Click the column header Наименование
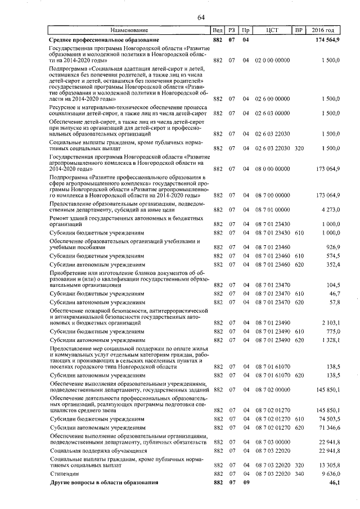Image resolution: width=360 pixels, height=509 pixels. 129,30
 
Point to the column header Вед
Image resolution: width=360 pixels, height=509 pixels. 218,30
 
